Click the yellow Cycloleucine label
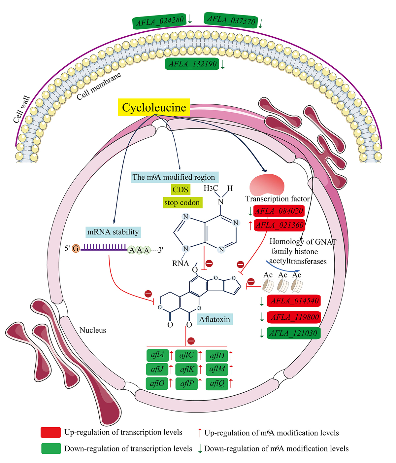(x=154, y=107)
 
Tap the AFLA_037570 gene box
(x=231, y=20)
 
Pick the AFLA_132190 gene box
(x=192, y=64)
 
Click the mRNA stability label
(x=113, y=232)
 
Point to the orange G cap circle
(x=76, y=248)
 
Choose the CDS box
(x=180, y=190)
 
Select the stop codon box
(x=182, y=202)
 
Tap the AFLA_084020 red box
(x=279, y=211)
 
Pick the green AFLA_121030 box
(x=293, y=333)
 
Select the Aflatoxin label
(x=214, y=319)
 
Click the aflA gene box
(x=157, y=355)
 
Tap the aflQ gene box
(x=217, y=383)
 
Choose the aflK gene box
(x=187, y=369)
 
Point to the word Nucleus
(x=93, y=330)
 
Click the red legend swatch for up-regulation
(x=51, y=432)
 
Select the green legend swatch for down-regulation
(x=51, y=448)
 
